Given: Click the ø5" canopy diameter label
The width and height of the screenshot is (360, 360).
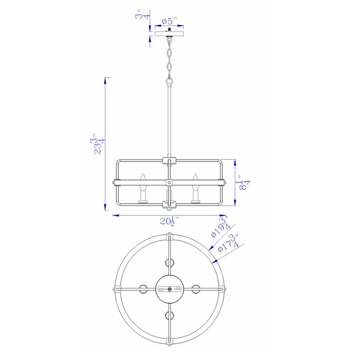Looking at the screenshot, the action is pos(169,21).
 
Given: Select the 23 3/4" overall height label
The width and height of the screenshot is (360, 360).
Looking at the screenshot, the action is pos(97,144).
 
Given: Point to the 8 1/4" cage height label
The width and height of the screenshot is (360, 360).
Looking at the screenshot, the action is pos(244,183).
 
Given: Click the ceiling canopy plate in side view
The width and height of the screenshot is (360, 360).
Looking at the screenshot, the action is pos(169,33).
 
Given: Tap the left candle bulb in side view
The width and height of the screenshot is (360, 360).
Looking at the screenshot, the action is pos(143,188).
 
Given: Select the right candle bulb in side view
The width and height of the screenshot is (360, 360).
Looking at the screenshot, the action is pos(195,188).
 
